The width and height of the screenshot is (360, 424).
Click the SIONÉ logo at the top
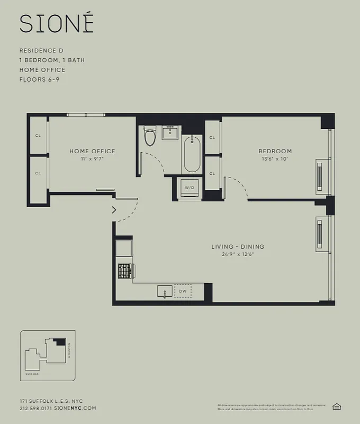click(57, 23)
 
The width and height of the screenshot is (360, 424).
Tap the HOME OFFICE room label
click(92, 151)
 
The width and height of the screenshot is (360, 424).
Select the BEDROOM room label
click(275, 151)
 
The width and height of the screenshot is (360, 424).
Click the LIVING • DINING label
click(238, 246)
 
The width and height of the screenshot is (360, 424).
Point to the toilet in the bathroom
click(150, 136)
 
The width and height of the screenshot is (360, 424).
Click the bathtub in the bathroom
click(192, 154)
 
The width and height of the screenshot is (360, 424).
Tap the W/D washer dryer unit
click(189, 187)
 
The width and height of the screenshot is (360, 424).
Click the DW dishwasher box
click(182, 291)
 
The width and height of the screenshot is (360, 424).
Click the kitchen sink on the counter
click(164, 291)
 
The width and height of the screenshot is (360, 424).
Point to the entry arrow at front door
click(114, 210)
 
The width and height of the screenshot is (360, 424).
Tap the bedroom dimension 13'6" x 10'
click(275, 158)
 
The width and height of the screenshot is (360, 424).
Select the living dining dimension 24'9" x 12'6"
click(238, 254)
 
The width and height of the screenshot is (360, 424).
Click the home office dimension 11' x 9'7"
click(92, 158)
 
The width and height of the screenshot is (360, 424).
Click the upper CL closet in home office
click(38, 135)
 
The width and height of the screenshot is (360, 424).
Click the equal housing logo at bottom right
click(336, 407)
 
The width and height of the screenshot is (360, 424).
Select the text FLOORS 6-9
click(39, 79)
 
